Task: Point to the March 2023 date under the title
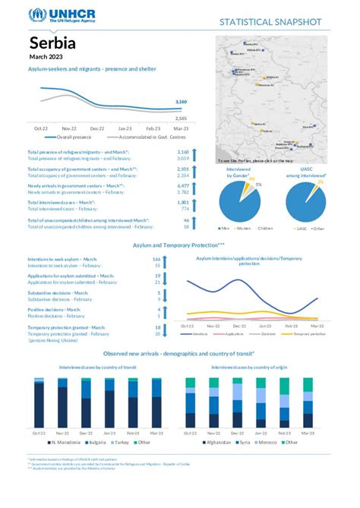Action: pyautogui.click(x=47, y=57)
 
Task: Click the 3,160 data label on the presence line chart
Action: pyautogui.click(x=181, y=101)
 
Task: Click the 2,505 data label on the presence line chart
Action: pyautogui.click(x=181, y=118)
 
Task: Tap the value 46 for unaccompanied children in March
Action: pyautogui.click(x=185, y=220)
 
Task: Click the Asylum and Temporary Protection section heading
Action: pyautogui.click(x=179, y=245)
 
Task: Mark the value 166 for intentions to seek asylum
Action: pyautogui.click(x=156, y=260)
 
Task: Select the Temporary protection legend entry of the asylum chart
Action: pyautogui.click(x=310, y=333)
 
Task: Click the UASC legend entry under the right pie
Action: pyautogui.click(x=302, y=228)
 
